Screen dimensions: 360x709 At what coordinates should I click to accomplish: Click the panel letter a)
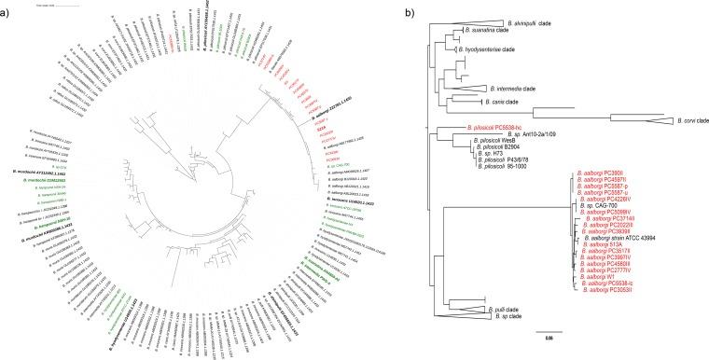coord(7,7)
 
